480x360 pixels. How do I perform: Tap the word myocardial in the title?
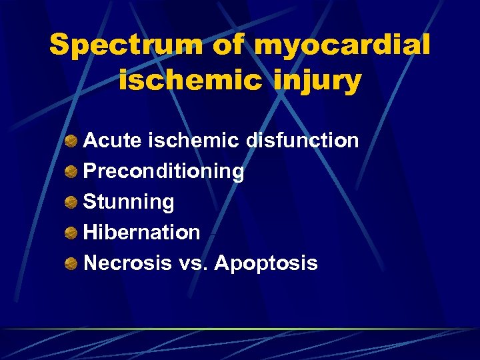pyautogui.click(x=342, y=46)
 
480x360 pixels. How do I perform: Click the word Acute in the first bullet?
pyautogui.click(x=113, y=141)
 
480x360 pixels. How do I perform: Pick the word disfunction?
pyautogui.click(x=303, y=141)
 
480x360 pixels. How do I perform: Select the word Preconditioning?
pyautogui.click(x=163, y=171)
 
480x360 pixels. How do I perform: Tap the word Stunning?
pyautogui.click(x=129, y=202)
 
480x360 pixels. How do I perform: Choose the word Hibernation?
pyautogui.click(x=141, y=233)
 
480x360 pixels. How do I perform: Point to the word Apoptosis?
pyautogui.click(x=265, y=263)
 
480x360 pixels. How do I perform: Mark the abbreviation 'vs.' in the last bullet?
pyautogui.click(x=193, y=263)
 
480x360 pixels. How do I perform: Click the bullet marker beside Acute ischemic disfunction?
pyautogui.click(x=70, y=141)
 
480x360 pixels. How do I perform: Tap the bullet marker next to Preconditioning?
pyautogui.click(x=70, y=172)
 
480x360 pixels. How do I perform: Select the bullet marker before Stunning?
pyautogui.click(x=70, y=203)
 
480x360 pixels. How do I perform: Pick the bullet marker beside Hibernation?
pyautogui.click(x=70, y=233)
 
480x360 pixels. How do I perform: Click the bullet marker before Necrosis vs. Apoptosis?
pyautogui.click(x=70, y=264)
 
